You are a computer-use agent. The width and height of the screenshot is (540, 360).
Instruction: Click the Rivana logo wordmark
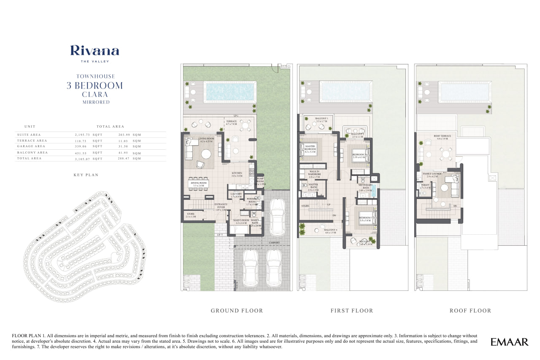(x=94, y=51)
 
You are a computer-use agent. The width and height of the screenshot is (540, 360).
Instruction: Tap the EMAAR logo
(x=509, y=342)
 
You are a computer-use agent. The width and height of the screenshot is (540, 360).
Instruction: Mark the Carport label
(x=273, y=243)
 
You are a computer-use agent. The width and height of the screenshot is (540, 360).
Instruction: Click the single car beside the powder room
(x=277, y=217)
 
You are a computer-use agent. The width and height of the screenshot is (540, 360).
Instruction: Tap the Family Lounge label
(x=432, y=174)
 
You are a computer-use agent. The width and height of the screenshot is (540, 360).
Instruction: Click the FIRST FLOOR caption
(x=352, y=311)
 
